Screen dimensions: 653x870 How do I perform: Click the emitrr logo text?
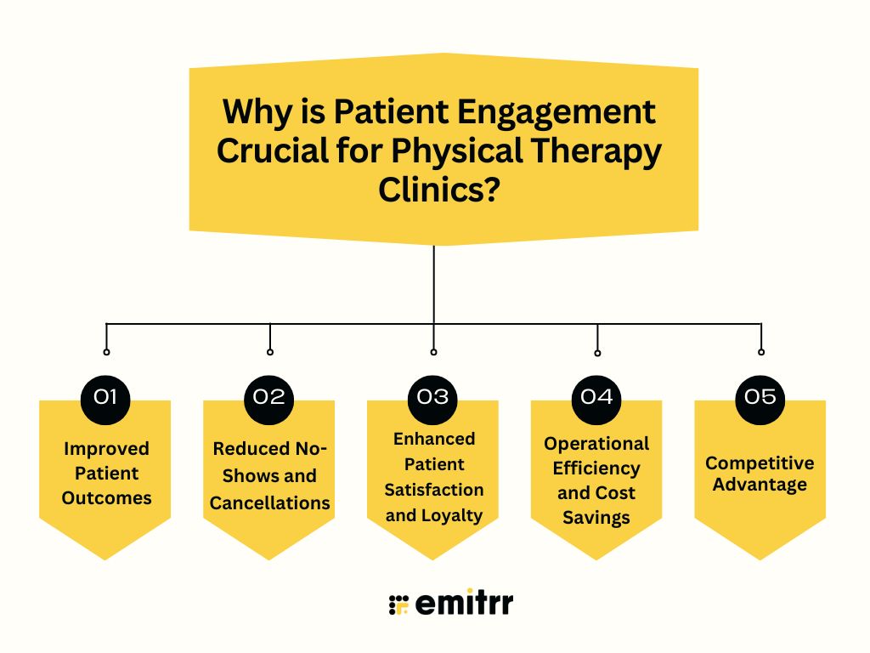tap(464, 604)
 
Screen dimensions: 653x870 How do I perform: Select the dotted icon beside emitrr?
tap(398, 604)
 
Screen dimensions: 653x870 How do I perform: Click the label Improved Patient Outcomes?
tap(105, 473)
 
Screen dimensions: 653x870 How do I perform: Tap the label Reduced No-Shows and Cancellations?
tap(269, 475)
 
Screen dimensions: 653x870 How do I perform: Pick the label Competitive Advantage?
tap(760, 474)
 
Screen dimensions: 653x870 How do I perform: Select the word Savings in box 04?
tap(596, 517)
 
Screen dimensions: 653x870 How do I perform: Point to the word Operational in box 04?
tap(596, 443)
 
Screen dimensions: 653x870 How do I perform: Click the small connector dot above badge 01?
tap(106, 351)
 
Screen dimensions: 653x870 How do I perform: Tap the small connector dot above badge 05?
tap(761, 351)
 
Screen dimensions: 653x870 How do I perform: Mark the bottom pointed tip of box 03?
tap(433, 558)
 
